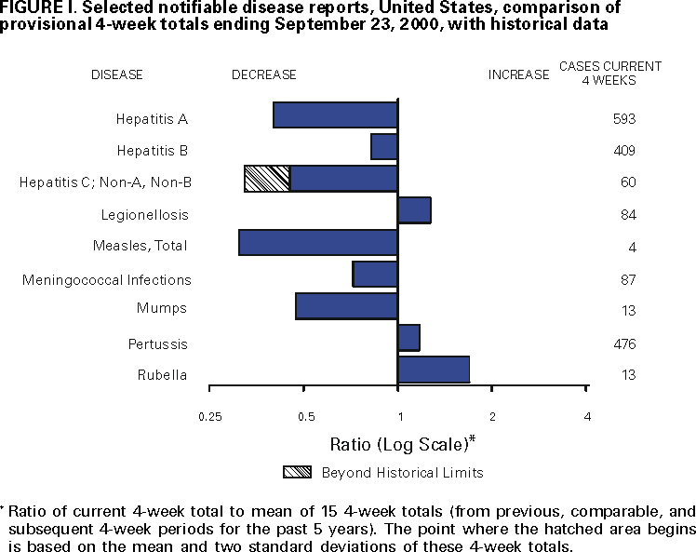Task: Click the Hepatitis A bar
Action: click(x=335, y=114)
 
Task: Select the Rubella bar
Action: click(x=433, y=370)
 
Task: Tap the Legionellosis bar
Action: click(x=414, y=210)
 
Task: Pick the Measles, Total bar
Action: click(x=318, y=242)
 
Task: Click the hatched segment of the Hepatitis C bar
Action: click(x=267, y=179)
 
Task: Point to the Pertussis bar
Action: click(x=408, y=338)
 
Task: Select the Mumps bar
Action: click(x=346, y=306)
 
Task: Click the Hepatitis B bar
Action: click(x=384, y=147)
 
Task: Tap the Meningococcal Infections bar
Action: click(x=375, y=275)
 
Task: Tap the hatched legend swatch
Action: click(x=297, y=472)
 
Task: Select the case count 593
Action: click(x=622, y=119)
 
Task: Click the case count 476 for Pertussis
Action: click(x=622, y=344)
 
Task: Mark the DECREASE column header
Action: click(x=264, y=74)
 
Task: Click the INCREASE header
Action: click(x=518, y=74)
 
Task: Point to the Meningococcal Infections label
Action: click(x=107, y=279)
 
